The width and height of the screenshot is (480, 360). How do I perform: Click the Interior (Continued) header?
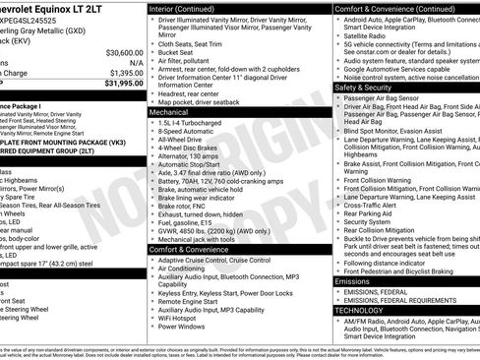pos(190,8)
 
